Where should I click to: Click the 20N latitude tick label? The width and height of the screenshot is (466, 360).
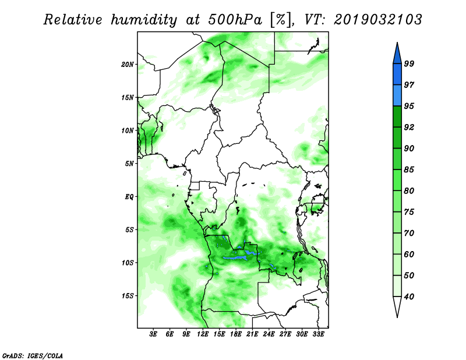point(128,64)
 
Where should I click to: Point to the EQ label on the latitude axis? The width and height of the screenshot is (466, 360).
point(129,197)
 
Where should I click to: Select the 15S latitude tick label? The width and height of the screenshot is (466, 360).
point(128,296)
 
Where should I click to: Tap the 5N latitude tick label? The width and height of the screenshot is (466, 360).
point(129,164)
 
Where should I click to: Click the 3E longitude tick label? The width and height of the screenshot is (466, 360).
point(153,334)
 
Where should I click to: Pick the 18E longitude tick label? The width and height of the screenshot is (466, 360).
point(236,334)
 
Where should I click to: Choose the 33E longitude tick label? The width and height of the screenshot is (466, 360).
point(318,334)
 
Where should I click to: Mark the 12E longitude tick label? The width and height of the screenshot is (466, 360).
point(203,334)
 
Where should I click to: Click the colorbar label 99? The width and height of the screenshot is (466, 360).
point(409,63)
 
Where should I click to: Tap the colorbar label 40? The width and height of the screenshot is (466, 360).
point(409,297)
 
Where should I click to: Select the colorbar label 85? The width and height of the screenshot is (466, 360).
point(409,170)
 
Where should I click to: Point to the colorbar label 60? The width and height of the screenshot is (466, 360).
point(409,254)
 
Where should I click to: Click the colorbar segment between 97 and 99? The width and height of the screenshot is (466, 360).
point(397,75)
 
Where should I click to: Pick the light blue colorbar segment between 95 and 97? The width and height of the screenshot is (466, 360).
point(397,96)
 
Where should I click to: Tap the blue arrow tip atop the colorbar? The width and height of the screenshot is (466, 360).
point(397,43)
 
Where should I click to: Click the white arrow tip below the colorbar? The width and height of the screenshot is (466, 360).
point(397,317)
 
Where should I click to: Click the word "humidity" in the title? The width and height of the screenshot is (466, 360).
point(144,20)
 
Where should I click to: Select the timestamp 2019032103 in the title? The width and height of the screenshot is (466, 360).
point(377,20)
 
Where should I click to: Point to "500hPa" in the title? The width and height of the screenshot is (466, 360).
point(235,20)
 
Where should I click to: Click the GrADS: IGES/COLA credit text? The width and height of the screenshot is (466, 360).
point(33,355)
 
